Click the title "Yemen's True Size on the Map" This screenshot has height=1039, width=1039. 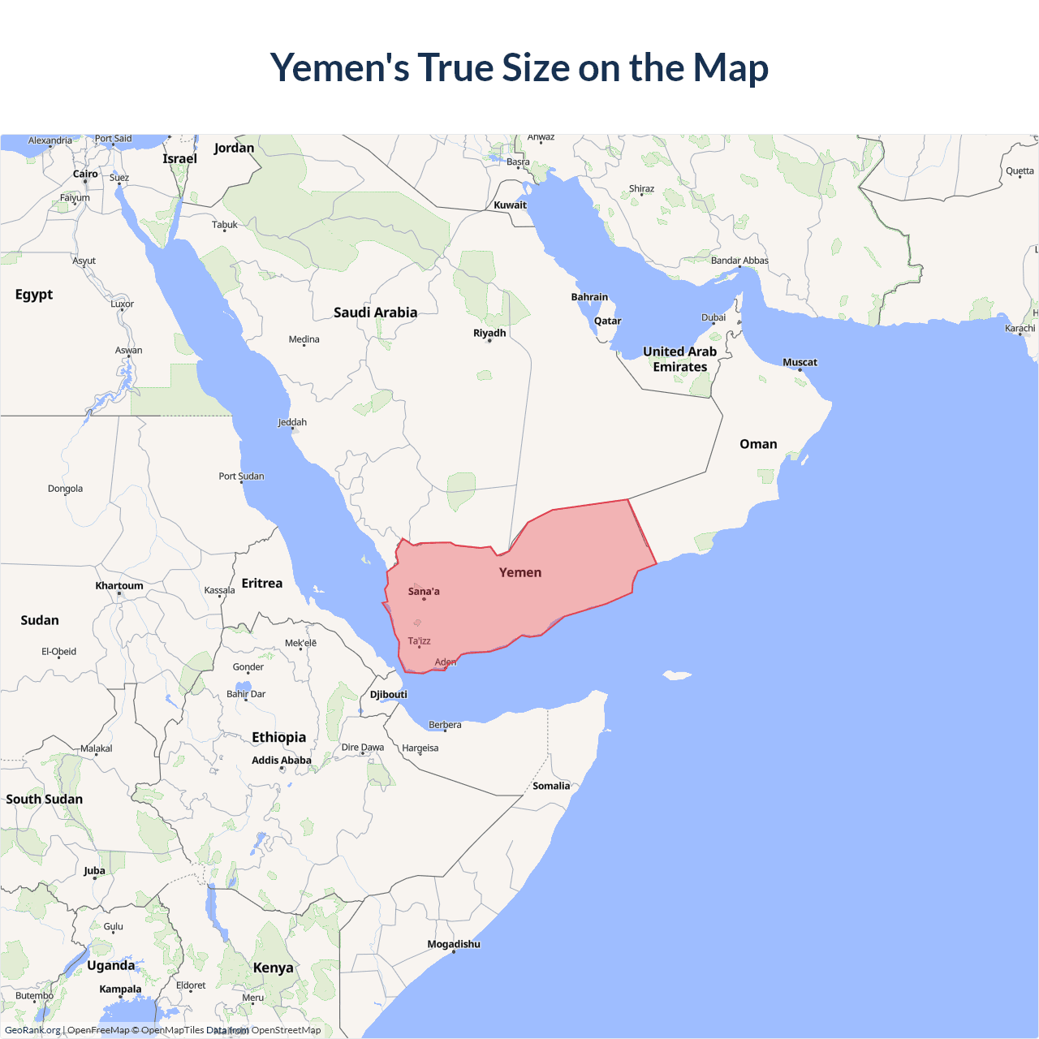(x=519, y=67)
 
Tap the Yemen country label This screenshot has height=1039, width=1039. (x=520, y=572)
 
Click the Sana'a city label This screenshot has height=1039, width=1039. (x=424, y=591)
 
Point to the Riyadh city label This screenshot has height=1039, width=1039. (x=489, y=333)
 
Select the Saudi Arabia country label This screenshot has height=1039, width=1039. (x=375, y=313)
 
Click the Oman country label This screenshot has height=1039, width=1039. (x=758, y=444)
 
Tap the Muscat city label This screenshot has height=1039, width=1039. (x=800, y=362)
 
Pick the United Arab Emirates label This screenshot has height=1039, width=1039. (x=680, y=359)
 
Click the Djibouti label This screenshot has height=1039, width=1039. (x=389, y=694)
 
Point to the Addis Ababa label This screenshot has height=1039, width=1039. (x=282, y=760)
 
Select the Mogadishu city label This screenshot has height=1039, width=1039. (x=454, y=944)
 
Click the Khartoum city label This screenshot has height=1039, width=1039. (x=119, y=585)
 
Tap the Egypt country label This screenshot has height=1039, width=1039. (x=34, y=294)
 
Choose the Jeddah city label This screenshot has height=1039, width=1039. (x=292, y=422)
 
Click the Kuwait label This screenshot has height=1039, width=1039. (x=510, y=205)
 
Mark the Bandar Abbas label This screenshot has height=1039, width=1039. (x=739, y=261)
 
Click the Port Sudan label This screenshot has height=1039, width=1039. (x=241, y=476)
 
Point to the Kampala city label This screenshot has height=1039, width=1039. (x=120, y=989)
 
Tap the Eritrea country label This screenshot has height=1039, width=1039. (x=262, y=583)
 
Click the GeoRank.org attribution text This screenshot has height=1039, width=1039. (x=32, y=1030)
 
